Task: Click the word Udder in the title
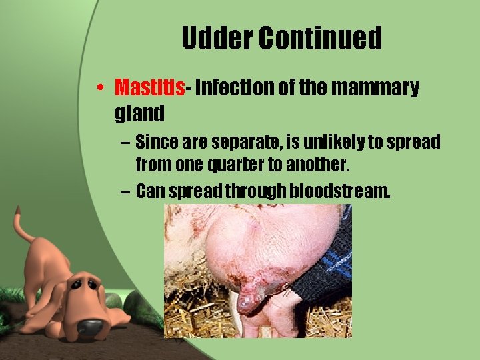pos(217,39)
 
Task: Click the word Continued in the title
pos(321,39)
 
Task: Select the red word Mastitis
pos(149,87)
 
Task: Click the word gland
pos(139,113)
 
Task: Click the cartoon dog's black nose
pos(90,326)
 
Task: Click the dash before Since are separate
pos(125,143)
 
